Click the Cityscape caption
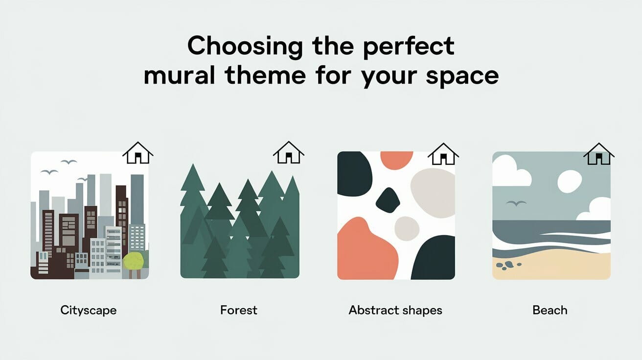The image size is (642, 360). (x=89, y=310)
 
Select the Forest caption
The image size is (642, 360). (x=239, y=310)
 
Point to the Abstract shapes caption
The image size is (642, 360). (x=395, y=310)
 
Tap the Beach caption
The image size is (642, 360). (x=550, y=310)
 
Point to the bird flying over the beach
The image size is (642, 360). (x=516, y=203)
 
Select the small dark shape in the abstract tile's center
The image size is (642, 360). (x=388, y=201)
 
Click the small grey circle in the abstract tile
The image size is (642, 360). (x=407, y=228)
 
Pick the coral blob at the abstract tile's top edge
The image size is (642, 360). (x=396, y=160)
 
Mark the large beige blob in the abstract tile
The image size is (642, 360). (x=433, y=192)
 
